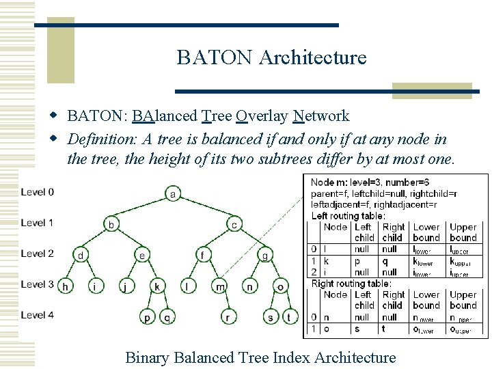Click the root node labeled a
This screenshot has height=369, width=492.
[x=172, y=194]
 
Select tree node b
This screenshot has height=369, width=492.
[x=111, y=224]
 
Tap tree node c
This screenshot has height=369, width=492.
[x=234, y=224]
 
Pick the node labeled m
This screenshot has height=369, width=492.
[x=219, y=286]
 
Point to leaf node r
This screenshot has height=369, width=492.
[x=227, y=316]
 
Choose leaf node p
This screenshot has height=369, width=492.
[x=148, y=316]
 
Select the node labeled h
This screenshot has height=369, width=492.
[x=66, y=286]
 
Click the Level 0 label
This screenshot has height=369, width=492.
[x=38, y=192]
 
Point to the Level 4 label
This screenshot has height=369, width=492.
[x=38, y=315]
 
